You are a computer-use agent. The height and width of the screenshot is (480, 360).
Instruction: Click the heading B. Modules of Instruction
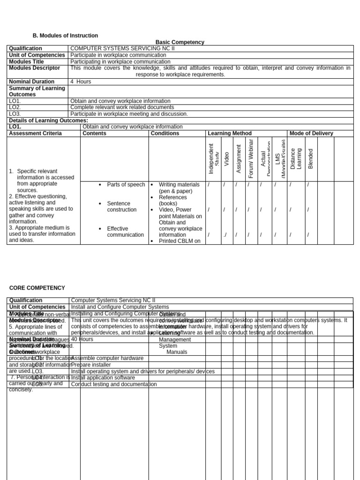(x=65, y=36)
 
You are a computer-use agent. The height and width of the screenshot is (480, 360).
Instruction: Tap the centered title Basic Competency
(x=180, y=42)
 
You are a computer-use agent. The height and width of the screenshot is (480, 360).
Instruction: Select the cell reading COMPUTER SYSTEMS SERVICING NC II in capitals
(x=122, y=48)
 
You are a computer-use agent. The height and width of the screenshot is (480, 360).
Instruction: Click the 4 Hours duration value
(x=81, y=82)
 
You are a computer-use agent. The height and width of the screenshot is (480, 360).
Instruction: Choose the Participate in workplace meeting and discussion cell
(x=129, y=114)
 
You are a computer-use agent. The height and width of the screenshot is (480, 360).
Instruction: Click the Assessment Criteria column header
(x=35, y=133)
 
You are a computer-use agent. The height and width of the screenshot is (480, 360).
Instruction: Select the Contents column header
(x=94, y=133)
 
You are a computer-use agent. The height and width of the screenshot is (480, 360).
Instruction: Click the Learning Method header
(x=230, y=133)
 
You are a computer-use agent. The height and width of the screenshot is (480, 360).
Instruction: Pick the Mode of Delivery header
(x=311, y=133)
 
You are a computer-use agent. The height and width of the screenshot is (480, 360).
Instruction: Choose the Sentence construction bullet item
(x=122, y=207)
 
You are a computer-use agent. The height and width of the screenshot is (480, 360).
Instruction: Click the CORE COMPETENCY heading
(x=37, y=288)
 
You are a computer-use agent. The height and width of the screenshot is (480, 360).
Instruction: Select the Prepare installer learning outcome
(x=91, y=365)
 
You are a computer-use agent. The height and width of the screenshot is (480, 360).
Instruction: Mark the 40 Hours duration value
(x=82, y=339)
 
